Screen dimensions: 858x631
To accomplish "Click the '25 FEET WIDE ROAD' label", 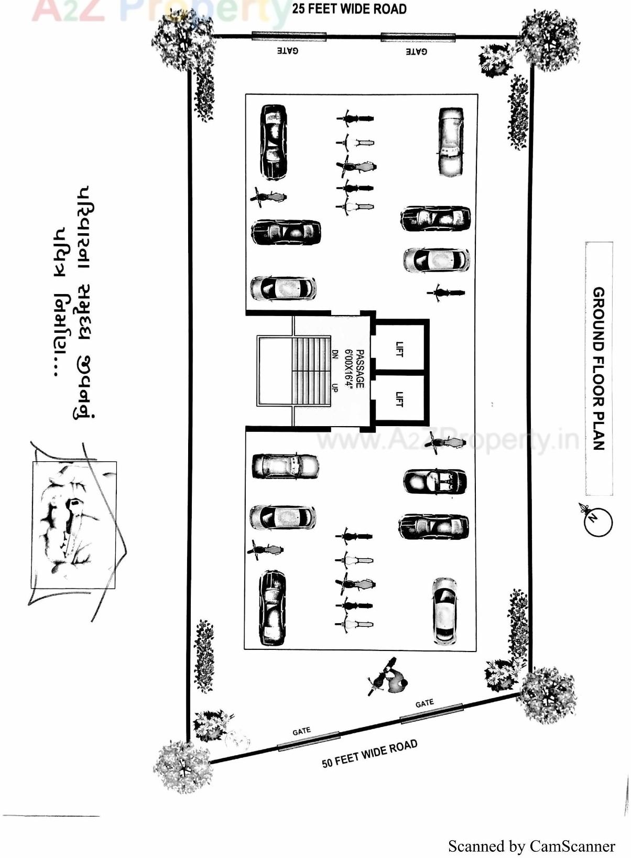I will pyautogui.click(x=349, y=9).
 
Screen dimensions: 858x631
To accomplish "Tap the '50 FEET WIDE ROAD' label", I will pyautogui.click(x=369, y=754).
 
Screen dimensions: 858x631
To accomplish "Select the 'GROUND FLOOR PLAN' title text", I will pyautogui.click(x=599, y=368).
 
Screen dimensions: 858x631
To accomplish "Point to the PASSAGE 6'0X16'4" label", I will pyautogui.click(x=355, y=369).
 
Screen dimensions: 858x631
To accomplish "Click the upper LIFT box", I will pyautogui.click(x=400, y=348).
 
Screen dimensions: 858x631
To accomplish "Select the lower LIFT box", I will pyautogui.click(x=400, y=399).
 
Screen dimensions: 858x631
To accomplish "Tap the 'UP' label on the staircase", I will pyautogui.click(x=334, y=387).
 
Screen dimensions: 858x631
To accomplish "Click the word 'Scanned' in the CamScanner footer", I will pyautogui.click(x=475, y=846).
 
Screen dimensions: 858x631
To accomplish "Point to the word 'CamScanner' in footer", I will pyautogui.click(x=572, y=846).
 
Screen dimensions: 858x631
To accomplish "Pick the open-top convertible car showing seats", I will pyautogui.click(x=435, y=481).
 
